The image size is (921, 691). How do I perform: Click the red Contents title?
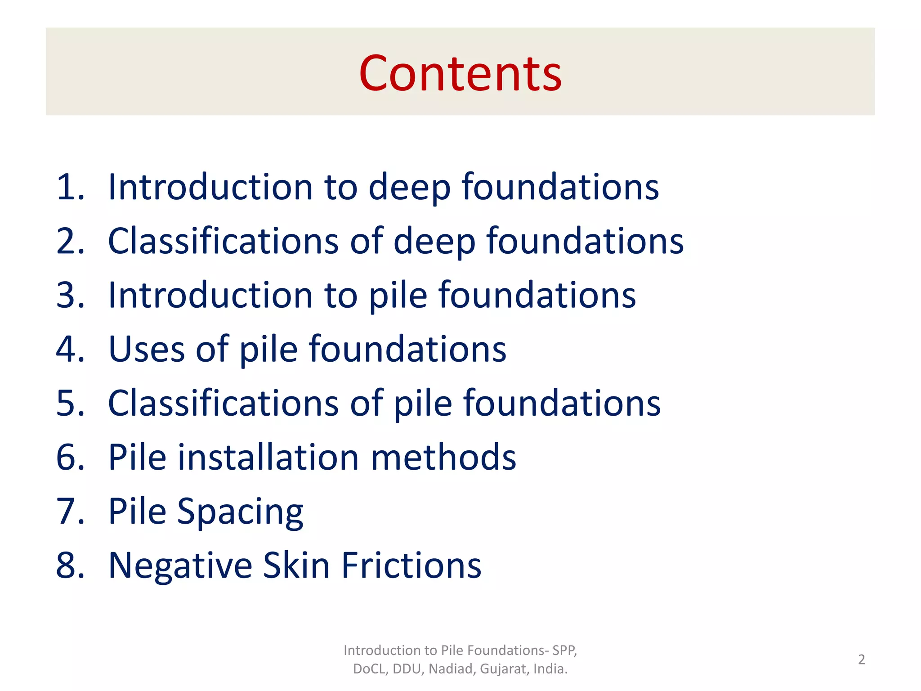click(x=460, y=73)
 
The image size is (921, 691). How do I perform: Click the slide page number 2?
click(x=861, y=660)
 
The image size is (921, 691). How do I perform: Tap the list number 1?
click(x=70, y=187)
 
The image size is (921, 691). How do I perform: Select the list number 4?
click(x=70, y=349)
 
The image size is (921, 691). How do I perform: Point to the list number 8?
click(x=70, y=565)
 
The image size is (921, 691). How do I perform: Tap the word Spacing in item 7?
click(x=240, y=512)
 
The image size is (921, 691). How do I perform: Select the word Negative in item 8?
click(x=181, y=565)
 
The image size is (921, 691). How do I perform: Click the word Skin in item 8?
click(x=296, y=565)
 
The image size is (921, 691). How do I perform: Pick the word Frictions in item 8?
click(x=411, y=565)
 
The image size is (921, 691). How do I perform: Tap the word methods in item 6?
click(x=443, y=458)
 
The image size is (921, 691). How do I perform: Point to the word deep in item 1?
click(x=409, y=187)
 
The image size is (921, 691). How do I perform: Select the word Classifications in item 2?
click(x=224, y=241)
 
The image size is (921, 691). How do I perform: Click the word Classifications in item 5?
click(x=224, y=403)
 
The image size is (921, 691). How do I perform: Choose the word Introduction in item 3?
click(x=210, y=295)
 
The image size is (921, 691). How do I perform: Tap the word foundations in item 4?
click(x=407, y=349)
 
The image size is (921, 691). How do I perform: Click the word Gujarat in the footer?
click(x=505, y=669)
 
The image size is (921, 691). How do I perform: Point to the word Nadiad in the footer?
click(x=452, y=669)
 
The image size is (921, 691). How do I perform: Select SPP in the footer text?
click(x=564, y=651)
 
